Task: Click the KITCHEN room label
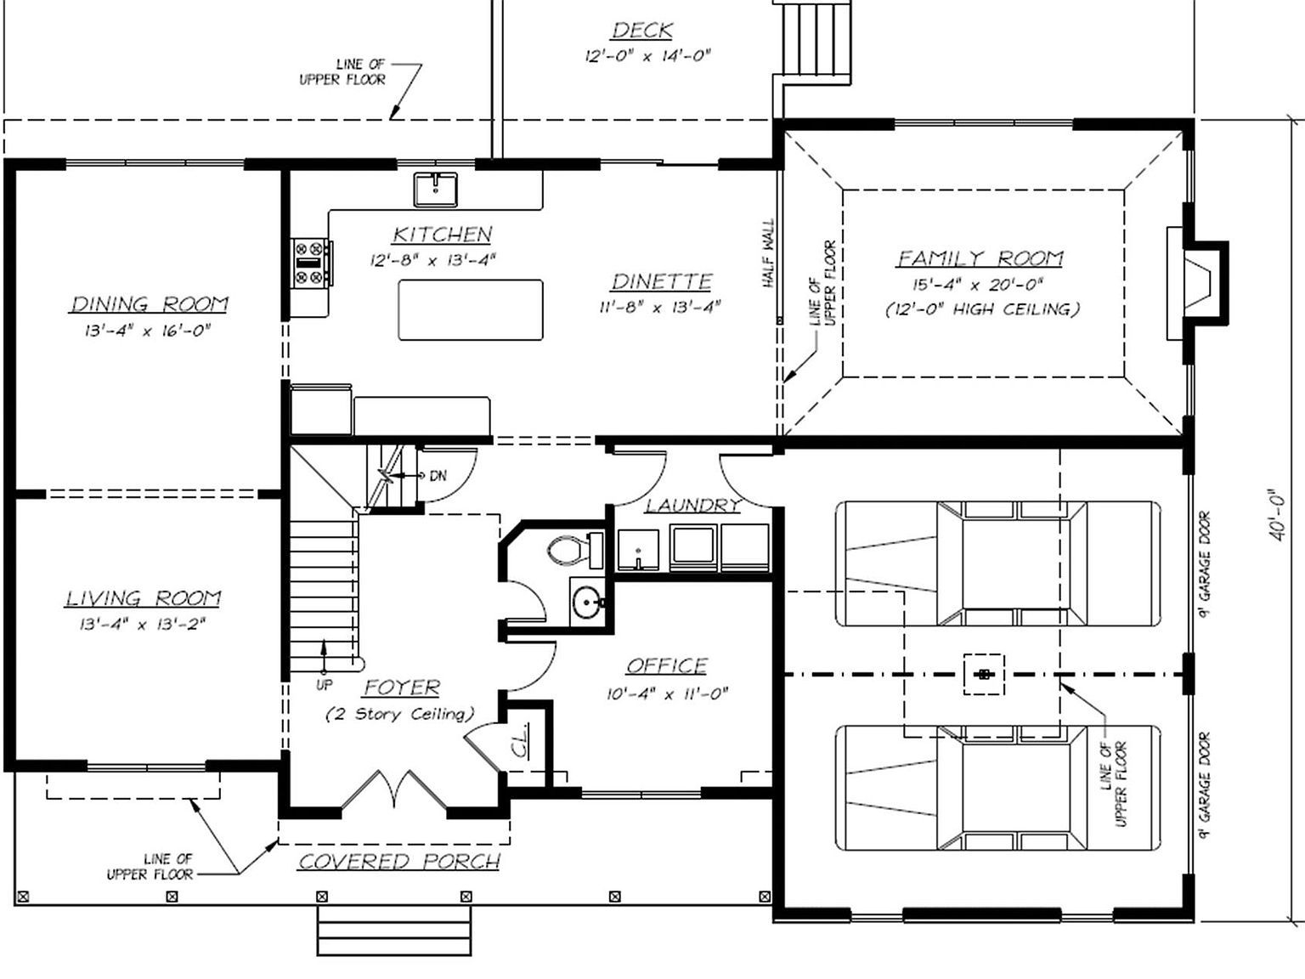(x=442, y=234)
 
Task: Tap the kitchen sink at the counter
(x=435, y=189)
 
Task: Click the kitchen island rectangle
(x=471, y=309)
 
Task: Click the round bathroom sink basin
(x=586, y=603)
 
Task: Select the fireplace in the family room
(x=1200, y=283)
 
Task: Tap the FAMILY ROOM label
(x=980, y=257)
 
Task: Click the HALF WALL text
(x=769, y=253)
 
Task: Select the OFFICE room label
(x=667, y=665)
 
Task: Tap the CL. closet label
(x=520, y=741)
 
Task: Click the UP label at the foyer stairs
(x=324, y=684)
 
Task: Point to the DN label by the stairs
(x=438, y=476)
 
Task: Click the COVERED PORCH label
(x=399, y=862)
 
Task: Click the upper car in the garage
(x=997, y=563)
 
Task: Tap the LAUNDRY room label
(x=692, y=506)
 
